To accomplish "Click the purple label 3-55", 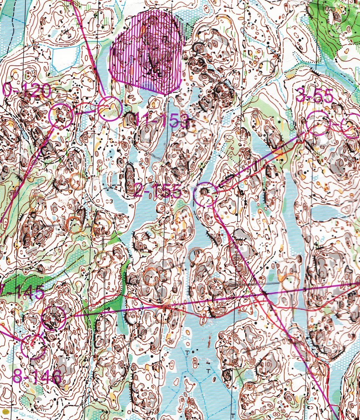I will [x=315, y=96].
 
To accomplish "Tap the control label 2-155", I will [x=158, y=191].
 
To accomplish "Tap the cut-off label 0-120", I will [x=27, y=90].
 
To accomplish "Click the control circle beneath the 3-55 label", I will [x=318, y=124].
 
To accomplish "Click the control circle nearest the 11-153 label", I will [x=110, y=109].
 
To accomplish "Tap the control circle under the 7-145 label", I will [x=54, y=318].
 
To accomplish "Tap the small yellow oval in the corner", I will [x=5, y=411].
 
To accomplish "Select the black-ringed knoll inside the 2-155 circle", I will [x=204, y=192].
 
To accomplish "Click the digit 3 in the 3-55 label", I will [x=301, y=96].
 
